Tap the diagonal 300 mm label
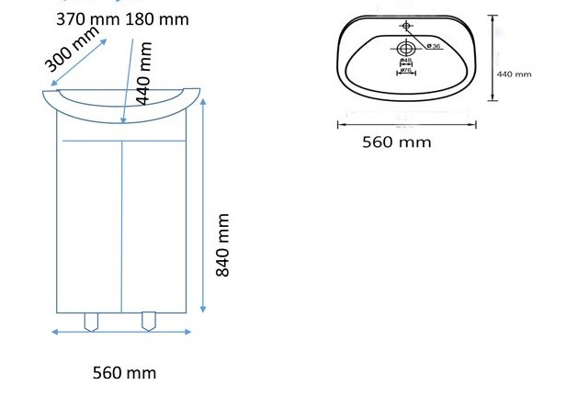pos(73,50)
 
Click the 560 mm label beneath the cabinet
pos(124,372)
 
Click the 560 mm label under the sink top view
pos(396,142)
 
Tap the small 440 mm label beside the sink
pos(515,74)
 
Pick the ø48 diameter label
pos(405,62)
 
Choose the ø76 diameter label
pos(405,70)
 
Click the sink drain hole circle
pos(405,48)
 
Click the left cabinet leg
pos(92,321)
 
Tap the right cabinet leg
pos(149,321)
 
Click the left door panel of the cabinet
pos(91,225)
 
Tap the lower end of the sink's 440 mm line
pos(492,99)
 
